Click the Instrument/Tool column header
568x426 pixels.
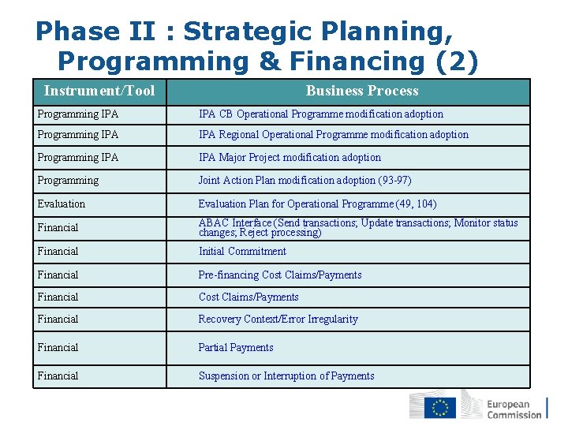click(99, 91)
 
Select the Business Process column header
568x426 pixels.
click(362, 91)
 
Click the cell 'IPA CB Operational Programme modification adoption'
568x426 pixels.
click(320, 114)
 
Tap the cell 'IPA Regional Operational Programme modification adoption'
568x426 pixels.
click(333, 135)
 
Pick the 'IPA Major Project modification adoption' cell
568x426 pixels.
click(290, 158)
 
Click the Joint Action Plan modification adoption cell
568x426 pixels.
click(305, 181)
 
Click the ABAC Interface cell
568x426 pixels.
click(358, 227)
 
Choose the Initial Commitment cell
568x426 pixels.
click(242, 252)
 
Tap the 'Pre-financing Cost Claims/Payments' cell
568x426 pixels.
click(280, 275)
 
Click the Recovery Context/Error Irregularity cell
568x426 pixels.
click(278, 319)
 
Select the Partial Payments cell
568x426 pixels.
click(236, 348)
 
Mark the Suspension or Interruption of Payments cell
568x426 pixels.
click(286, 376)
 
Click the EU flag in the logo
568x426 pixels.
click(439, 407)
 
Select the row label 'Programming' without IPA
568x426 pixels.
click(68, 181)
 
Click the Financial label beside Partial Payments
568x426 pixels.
click(58, 348)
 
